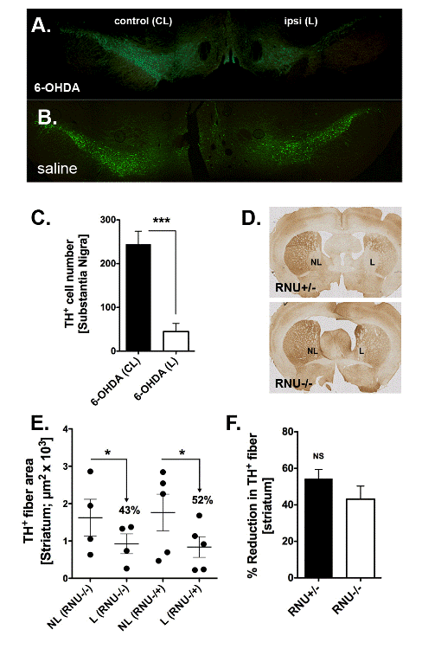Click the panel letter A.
click(x=41, y=25)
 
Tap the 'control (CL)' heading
click(x=144, y=21)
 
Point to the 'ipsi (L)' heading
click(x=301, y=21)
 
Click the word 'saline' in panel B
click(x=57, y=169)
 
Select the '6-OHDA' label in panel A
click(x=57, y=87)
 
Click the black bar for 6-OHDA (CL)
click(x=138, y=298)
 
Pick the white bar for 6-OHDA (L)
click(x=176, y=341)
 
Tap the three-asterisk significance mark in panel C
click(x=162, y=221)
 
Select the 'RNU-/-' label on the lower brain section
click(x=293, y=383)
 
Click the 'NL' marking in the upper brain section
click(x=316, y=262)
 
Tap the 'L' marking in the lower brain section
click(x=361, y=351)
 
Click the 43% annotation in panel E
click(x=130, y=511)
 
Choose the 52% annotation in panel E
click(x=202, y=500)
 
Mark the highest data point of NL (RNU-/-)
click(x=90, y=472)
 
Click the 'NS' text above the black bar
click(x=318, y=456)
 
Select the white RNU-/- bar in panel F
click(x=361, y=538)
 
